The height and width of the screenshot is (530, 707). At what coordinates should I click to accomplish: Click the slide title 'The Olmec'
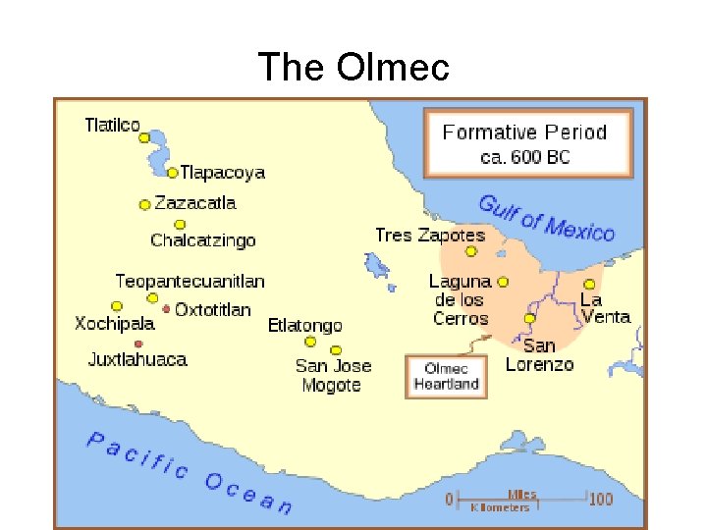[353, 68]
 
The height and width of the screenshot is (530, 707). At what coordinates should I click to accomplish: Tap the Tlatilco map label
[112, 126]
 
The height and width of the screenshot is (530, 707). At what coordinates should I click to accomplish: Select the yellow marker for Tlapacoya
[173, 173]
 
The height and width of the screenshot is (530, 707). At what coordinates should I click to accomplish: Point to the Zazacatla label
[194, 203]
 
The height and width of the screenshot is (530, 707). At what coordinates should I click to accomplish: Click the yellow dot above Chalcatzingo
[180, 224]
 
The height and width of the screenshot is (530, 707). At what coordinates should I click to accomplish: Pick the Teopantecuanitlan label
[190, 281]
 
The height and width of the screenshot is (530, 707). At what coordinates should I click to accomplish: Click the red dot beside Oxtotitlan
[166, 309]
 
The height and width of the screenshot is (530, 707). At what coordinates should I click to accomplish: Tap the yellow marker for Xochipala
[117, 306]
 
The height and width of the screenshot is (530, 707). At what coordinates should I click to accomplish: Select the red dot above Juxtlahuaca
[138, 344]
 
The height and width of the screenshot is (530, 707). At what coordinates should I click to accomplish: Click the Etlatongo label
[304, 326]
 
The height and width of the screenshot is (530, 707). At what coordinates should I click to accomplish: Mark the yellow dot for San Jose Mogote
[336, 350]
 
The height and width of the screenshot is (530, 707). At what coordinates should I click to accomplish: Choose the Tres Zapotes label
[430, 236]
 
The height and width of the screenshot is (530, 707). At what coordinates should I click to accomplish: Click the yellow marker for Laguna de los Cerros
[503, 282]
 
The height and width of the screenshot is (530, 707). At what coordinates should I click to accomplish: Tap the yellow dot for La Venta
[589, 284]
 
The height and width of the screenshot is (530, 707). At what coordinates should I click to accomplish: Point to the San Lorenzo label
[539, 354]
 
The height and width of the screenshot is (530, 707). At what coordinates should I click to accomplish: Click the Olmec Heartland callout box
[446, 376]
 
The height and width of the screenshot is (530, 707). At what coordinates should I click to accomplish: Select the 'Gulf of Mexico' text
[546, 218]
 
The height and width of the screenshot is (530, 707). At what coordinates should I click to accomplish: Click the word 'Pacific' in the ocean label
[137, 456]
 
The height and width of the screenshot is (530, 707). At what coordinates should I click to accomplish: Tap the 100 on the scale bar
[601, 499]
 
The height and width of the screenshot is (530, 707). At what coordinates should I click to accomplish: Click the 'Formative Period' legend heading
[524, 132]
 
